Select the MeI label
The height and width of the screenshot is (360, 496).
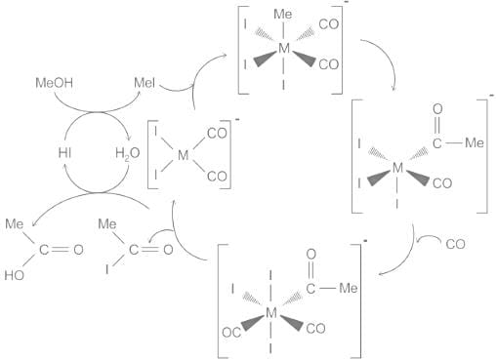click(144, 84)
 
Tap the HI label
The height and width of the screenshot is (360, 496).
click(64, 152)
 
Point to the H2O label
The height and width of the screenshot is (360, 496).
click(127, 152)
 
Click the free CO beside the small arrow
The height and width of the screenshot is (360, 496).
click(455, 245)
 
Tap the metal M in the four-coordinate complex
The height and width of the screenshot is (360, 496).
click(184, 153)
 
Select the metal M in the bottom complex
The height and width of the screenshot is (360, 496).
click(271, 311)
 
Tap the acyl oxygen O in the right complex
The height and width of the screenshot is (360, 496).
click(436, 109)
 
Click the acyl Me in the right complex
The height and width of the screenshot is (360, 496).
click(473, 142)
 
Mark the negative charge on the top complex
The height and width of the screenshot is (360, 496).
click(348, 8)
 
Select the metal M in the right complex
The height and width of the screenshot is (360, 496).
click(397, 168)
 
